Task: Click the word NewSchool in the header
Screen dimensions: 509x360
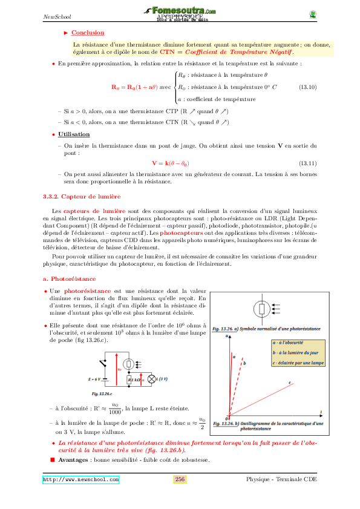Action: pos(54,17)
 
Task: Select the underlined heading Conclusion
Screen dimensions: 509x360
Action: pos(88,33)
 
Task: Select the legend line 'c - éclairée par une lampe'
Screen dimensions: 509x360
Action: pos(298,363)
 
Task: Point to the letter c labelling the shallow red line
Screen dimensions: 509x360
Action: pos(290,383)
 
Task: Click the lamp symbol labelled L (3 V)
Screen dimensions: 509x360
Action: pos(152,379)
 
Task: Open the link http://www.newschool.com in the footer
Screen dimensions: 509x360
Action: pos(80,479)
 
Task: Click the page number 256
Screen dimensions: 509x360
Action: pos(180,479)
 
